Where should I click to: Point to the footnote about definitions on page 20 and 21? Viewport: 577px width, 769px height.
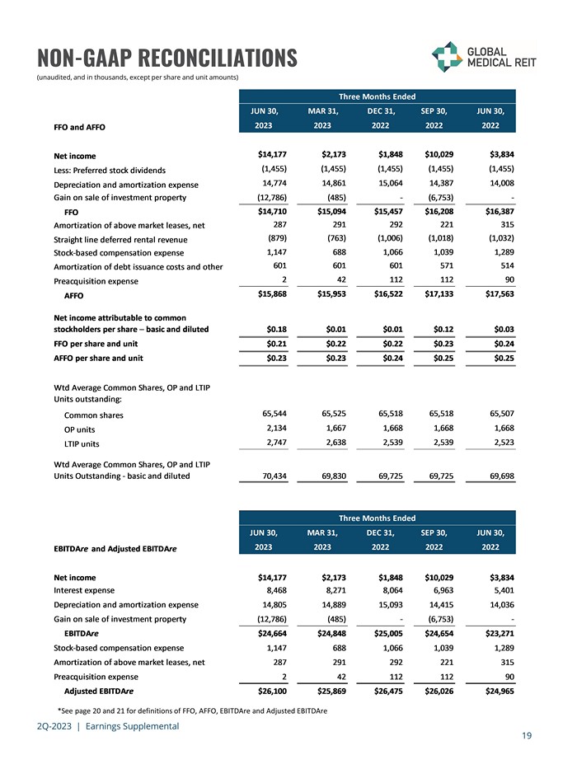193,710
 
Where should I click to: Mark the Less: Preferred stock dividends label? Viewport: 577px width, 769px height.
110,170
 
